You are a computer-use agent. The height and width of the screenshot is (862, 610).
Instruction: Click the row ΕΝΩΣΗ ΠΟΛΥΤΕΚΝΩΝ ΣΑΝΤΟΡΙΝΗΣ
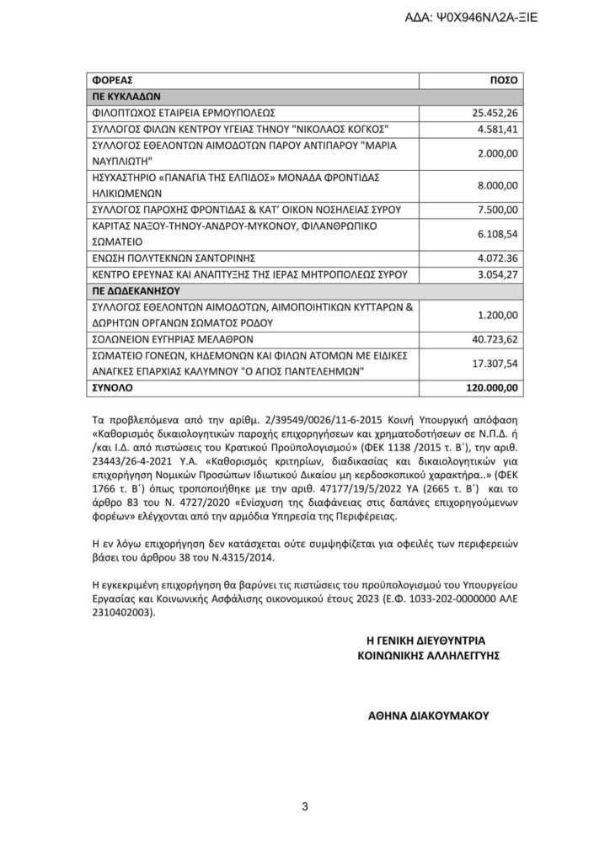point(172,258)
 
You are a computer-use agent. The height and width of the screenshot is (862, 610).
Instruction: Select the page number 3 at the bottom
point(305,807)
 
